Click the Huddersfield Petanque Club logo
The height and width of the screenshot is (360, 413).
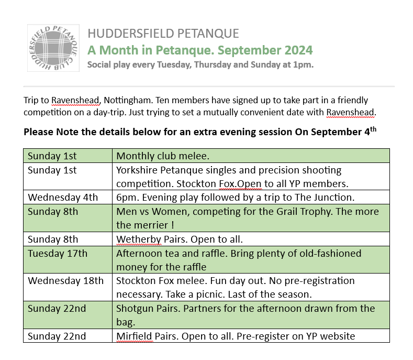[x=53, y=48]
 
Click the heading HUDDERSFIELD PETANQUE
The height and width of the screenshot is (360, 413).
[x=163, y=34]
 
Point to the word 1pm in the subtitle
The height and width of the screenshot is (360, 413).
[x=301, y=65]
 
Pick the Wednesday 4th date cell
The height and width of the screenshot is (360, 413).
[x=63, y=198]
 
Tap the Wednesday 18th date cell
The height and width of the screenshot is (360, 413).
[x=65, y=281]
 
